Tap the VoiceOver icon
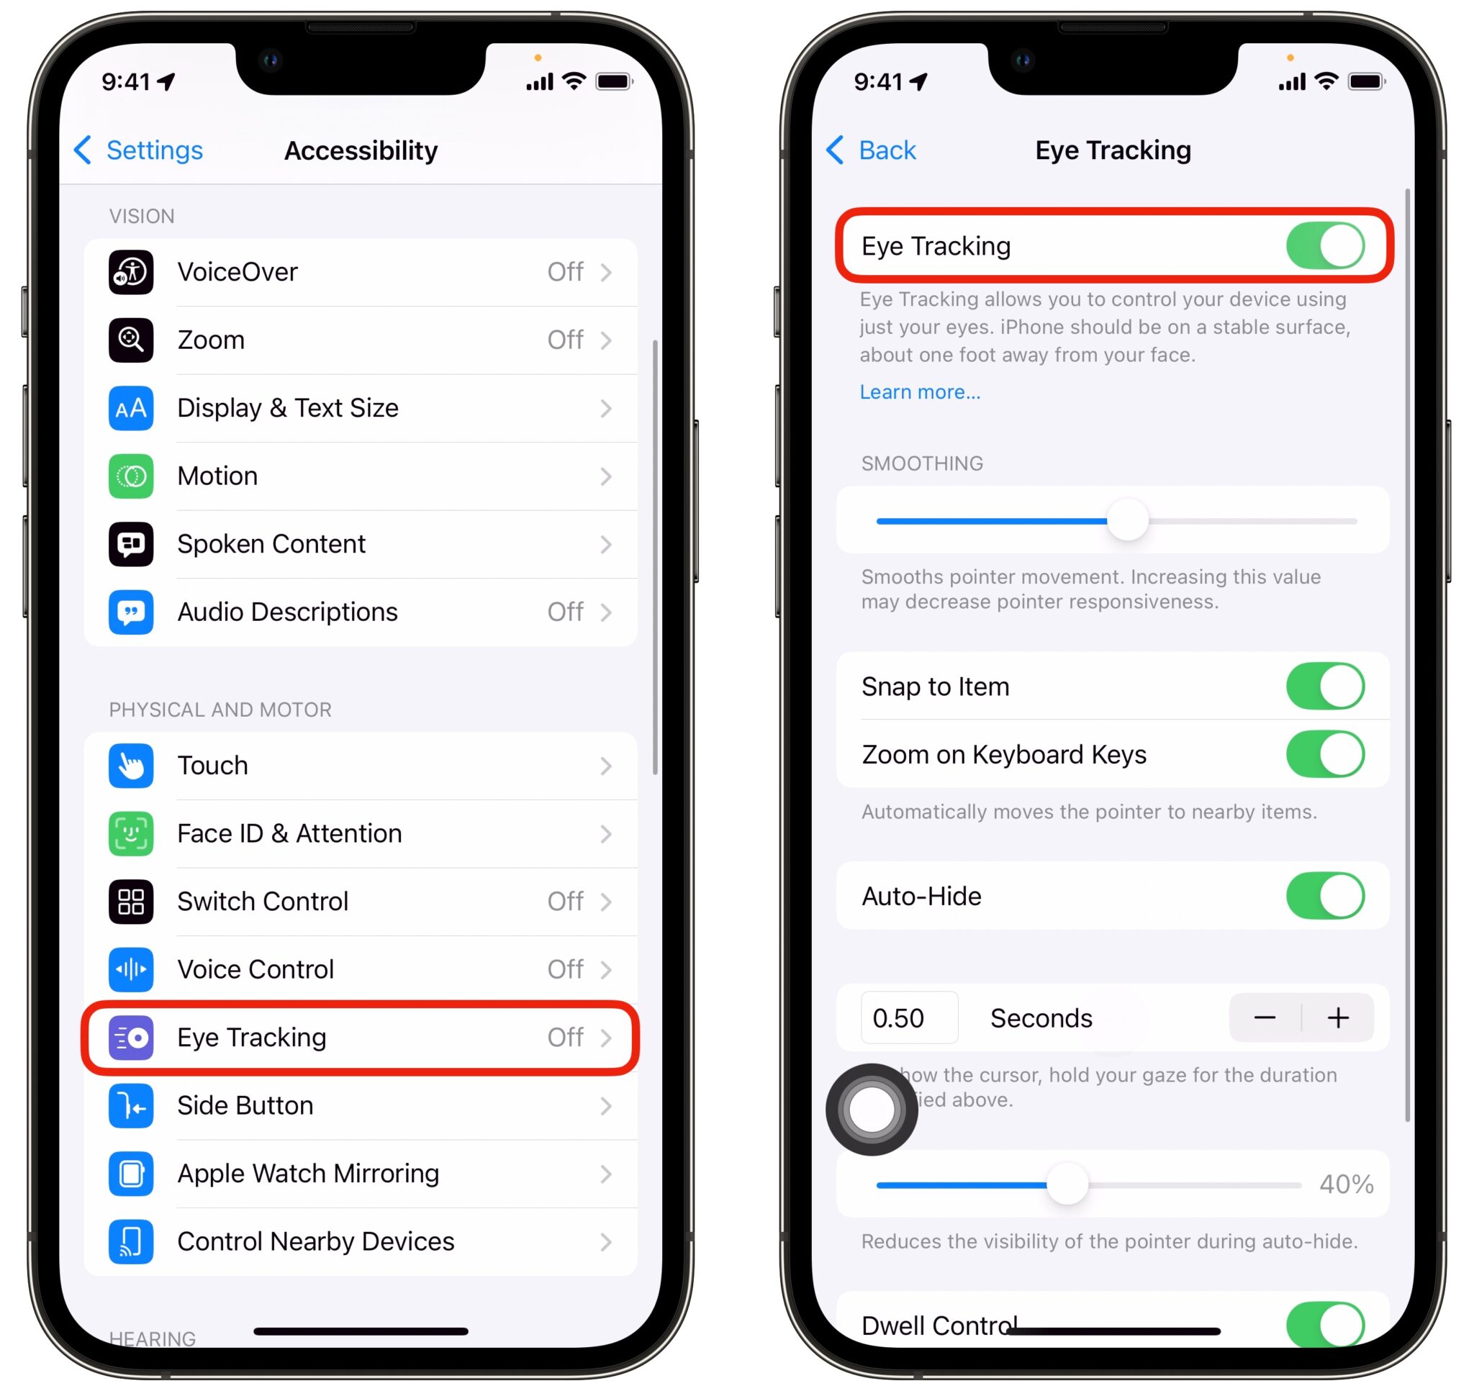[x=131, y=272]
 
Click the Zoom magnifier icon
[x=131, y=340]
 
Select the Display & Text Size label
[x=288, y=408]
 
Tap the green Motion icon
[x=131, y=476]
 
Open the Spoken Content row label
[x=271, y=544]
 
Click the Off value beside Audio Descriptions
[x=565, y=612]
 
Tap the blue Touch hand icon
[x=131, y=765]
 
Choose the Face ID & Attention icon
[x=131, y=833]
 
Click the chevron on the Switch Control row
[x=606, y=902]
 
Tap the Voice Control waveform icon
[x=131, y=969]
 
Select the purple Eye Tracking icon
[x=131, y=1038]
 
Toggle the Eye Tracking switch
[x=1325, y=246]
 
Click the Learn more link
[x=919, y=392]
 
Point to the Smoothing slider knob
[x=1127, y=520]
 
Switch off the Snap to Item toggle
[x=1325, y=687]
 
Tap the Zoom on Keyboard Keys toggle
[x=1325, y=754]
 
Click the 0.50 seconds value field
[x=909, y=1018]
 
